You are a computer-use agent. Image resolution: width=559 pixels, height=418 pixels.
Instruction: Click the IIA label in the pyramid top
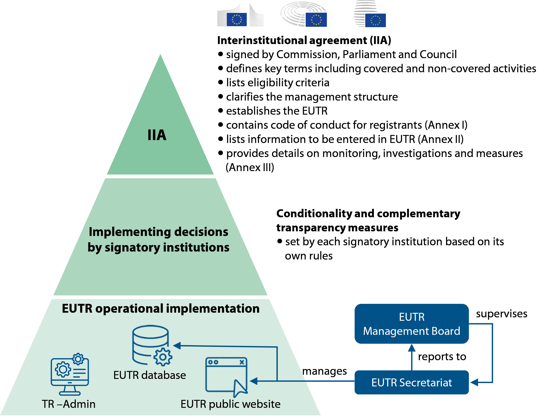click(157, 135)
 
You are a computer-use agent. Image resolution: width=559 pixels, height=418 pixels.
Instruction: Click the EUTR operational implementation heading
click(161, 309)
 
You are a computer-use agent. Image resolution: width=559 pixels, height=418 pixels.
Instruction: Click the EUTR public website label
click(231, 404)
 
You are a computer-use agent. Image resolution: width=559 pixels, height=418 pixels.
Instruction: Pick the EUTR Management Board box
click(411, 324)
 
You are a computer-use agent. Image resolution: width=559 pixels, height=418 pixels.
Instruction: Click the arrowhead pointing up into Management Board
click(412, 348)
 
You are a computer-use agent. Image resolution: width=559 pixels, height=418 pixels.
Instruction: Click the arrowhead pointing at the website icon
click(253, 381)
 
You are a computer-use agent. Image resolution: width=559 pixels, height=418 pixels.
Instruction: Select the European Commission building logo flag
click(237, 19)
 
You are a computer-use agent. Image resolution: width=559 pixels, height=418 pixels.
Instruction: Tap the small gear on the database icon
click(163, 357)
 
